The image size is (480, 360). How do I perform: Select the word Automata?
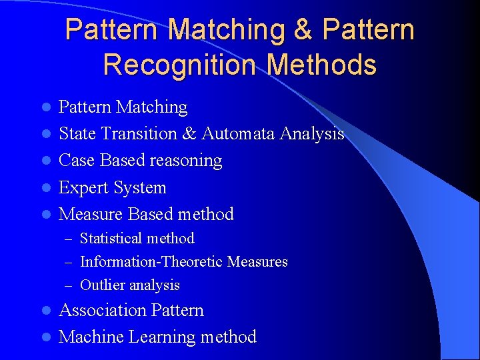[238, 134]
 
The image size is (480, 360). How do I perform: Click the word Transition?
[139, 134]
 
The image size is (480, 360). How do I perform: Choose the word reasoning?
[189, 161]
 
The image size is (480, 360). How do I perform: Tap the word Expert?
[84, 188]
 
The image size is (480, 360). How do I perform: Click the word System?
[140, 188]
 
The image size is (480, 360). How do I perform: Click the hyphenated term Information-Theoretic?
[151, 262]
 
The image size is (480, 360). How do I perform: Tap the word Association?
[103, 311]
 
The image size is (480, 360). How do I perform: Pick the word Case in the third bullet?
[75, 161]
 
